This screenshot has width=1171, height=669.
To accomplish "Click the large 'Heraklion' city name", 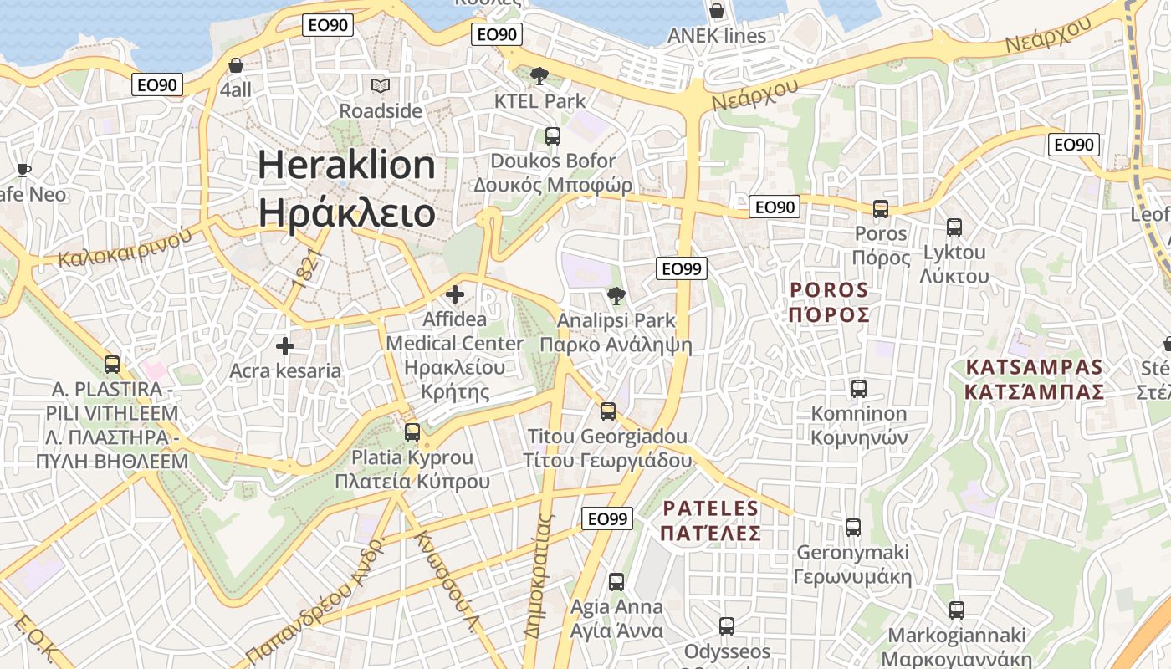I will click(x=346, y=165).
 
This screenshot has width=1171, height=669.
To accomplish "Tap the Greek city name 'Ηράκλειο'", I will click(x=346, y=212).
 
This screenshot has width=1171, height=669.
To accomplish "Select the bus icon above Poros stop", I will click(x=880, y=209).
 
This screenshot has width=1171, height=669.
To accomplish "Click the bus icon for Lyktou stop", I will click(x=954, y=227).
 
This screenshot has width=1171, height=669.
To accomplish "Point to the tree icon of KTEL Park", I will click(x=539, y=76).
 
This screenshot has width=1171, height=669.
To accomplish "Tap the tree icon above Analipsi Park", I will click(x=616, y=295).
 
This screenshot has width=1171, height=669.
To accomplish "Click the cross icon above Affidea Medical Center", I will click(x=455, y=294).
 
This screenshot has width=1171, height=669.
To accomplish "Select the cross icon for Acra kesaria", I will click(x=285, y=346).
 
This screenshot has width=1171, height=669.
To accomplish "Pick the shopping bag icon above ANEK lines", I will click(x=716, y=11).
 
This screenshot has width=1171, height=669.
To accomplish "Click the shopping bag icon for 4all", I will click(x=236, y=65).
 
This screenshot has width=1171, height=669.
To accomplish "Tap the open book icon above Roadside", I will click(x=381, y=85).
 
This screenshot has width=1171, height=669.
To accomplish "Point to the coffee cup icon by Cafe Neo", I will click(x=24, y=171).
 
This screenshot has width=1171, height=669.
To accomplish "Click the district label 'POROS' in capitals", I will click(x=829, y=290).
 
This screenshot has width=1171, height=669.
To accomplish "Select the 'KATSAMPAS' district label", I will click(x=1034, y=367).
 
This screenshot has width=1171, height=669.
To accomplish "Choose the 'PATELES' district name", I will click(x=710, y=508).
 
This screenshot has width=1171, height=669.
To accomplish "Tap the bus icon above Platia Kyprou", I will click(x=412, y=432).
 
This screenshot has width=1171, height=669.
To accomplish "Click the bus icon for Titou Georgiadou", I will click(x=608, y=411).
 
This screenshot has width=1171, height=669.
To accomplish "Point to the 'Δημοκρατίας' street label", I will click(x=539, y=577).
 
